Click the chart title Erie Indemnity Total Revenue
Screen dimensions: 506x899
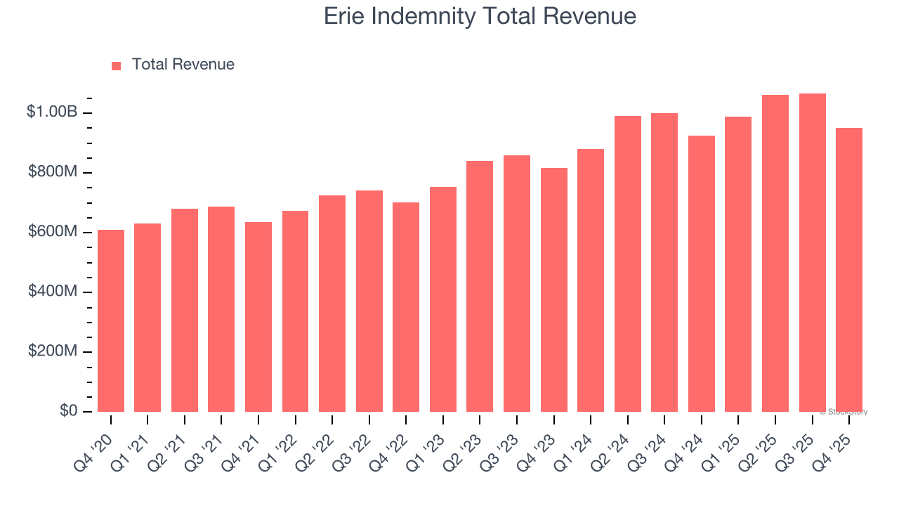[480, 16]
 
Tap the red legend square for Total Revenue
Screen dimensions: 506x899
[117, 65]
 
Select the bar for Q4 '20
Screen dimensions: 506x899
[111, 320]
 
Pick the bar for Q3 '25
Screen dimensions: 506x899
[813, 253]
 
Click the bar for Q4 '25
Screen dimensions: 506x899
[849, 270]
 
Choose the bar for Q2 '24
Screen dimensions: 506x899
[628, 264]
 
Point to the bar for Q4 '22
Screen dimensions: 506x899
[406, 307]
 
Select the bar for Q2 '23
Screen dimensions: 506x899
[480, 286]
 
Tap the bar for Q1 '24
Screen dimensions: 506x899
[591, 280]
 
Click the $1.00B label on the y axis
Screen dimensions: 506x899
[52, 112]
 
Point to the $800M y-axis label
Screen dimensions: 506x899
[53, 171]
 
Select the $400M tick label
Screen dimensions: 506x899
[53, 291]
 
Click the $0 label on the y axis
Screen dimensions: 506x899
[68, 410]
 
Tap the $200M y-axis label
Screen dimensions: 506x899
[53, 351]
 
